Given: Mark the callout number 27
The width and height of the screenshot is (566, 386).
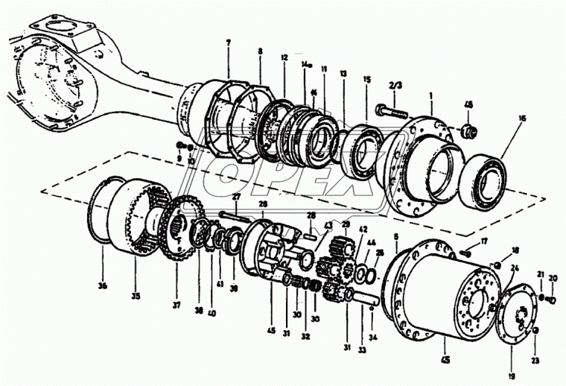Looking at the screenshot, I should click(x=235, y=197).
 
